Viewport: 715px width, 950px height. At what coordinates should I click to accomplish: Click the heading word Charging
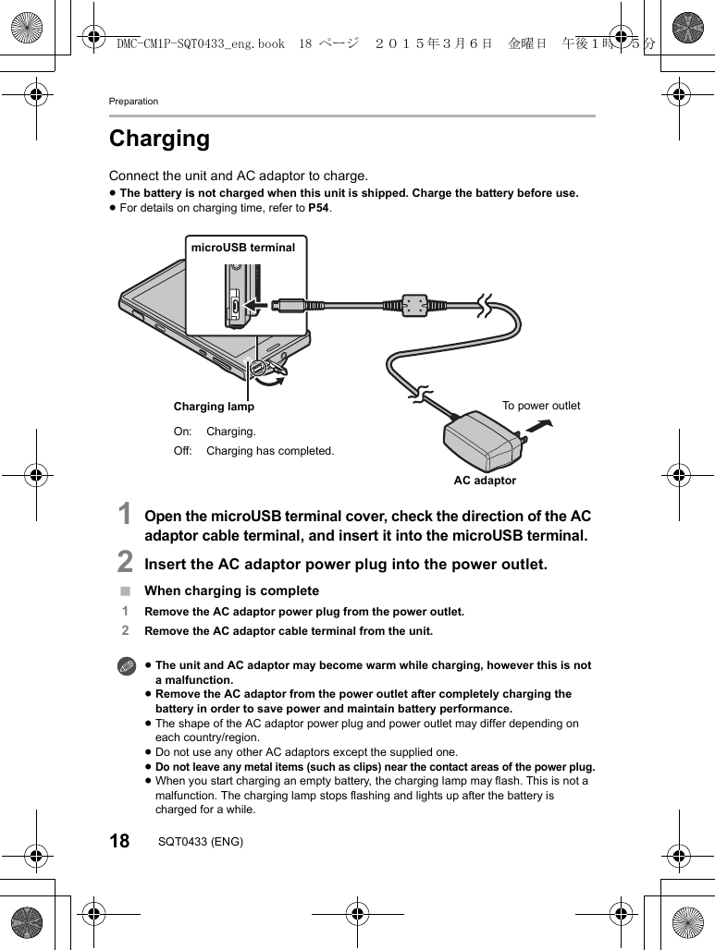coord(159,139)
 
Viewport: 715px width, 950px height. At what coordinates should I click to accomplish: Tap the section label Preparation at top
coord(133,101)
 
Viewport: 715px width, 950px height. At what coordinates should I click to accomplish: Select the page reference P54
coord(318,208)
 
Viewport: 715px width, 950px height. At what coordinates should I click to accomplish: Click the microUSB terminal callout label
coord(243,247)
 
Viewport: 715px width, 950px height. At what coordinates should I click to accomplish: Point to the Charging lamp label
coord(214,407)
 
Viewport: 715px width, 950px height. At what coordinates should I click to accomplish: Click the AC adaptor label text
coord(485,481)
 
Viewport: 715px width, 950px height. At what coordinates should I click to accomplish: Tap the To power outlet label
coord(541,406)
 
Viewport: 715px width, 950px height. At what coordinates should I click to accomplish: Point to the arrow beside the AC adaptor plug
coord(537,426)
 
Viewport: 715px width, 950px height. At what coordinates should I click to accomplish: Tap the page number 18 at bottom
coord(119,842)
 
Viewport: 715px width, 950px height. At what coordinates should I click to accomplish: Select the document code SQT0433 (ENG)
coord(201,842)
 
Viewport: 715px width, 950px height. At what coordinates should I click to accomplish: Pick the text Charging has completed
coord(270,451)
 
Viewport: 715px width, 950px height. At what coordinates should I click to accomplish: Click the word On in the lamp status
coord(182,432)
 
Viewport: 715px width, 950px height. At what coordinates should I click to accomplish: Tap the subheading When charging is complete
coord(231,591)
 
